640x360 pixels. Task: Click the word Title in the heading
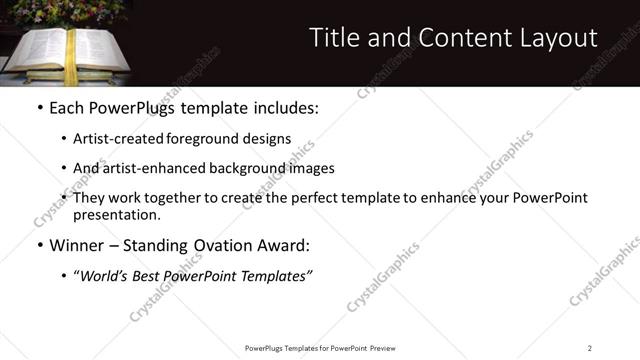click(333, 39)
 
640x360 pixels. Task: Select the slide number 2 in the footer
click(590, 348)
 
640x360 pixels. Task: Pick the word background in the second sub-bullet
click(252, 168)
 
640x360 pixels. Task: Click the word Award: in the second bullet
click(283, 245)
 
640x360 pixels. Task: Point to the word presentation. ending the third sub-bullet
click(116, 215)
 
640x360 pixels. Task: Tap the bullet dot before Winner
click(39, 245)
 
